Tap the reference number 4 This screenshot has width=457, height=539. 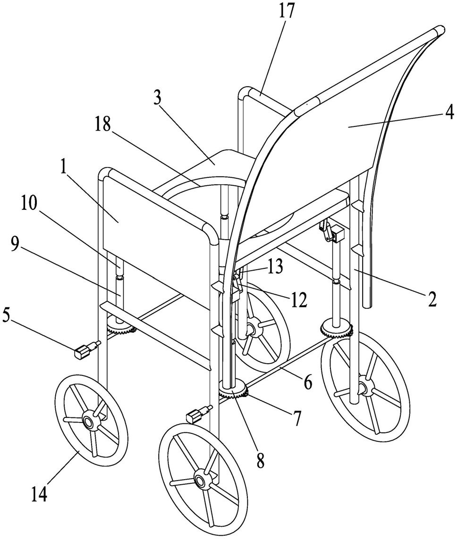click(x=449, y=112)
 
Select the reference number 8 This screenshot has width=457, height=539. click(x=261, y=461)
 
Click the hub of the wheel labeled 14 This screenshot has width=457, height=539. click(x=88, y=422)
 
